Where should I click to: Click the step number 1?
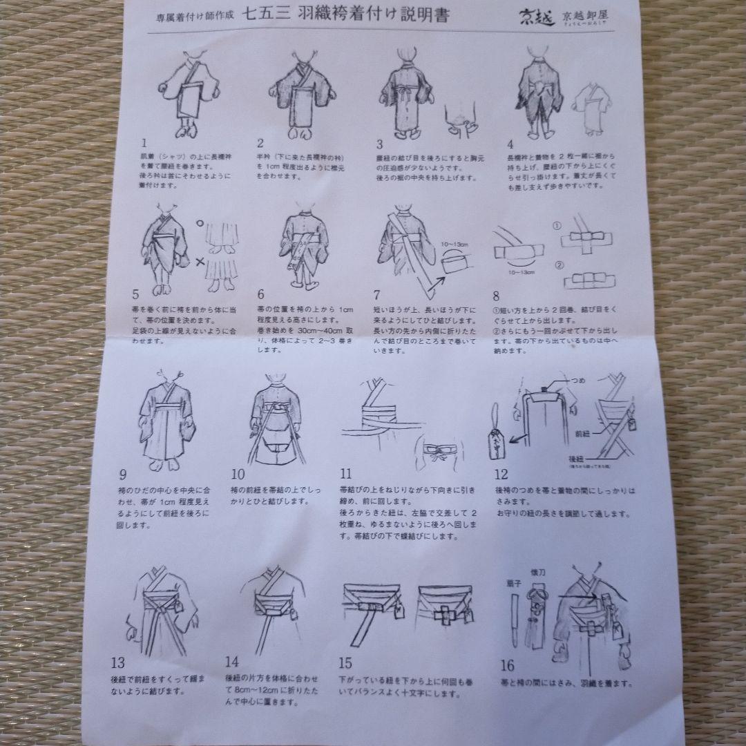click(144, 144)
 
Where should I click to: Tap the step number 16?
click(508, 666)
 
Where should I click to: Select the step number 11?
click(345, 473)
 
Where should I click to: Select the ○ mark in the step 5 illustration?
click(198, 223)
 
